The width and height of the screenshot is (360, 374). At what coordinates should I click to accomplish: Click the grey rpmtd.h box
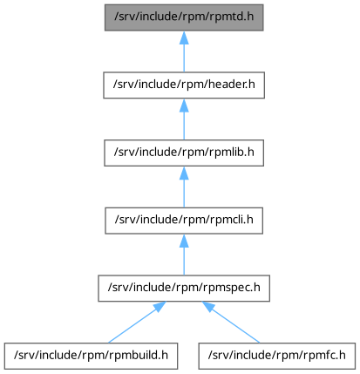click(x=184, y=17)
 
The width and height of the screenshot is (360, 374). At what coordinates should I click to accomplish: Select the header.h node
click(x=184, y=85)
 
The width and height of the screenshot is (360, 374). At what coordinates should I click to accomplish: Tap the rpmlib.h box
click(x=184, y=153)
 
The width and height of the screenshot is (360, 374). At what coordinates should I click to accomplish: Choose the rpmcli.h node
click(x=184, y=221)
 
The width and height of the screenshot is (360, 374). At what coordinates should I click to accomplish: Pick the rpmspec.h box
click(x=184, y=289)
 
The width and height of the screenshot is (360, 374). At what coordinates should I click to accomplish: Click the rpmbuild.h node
click(x=91, y=356)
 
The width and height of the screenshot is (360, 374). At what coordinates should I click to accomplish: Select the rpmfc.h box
click(x=277, y=356)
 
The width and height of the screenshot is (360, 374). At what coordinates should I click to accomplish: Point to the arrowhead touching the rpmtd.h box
click(x=184, y=37)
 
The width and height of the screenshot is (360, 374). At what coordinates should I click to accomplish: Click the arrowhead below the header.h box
click(x=184, y=105)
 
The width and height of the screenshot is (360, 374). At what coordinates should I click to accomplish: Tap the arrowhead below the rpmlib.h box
click(x=184, y=173)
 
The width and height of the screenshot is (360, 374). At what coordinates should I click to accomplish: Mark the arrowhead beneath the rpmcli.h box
click(x=184, y=241)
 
